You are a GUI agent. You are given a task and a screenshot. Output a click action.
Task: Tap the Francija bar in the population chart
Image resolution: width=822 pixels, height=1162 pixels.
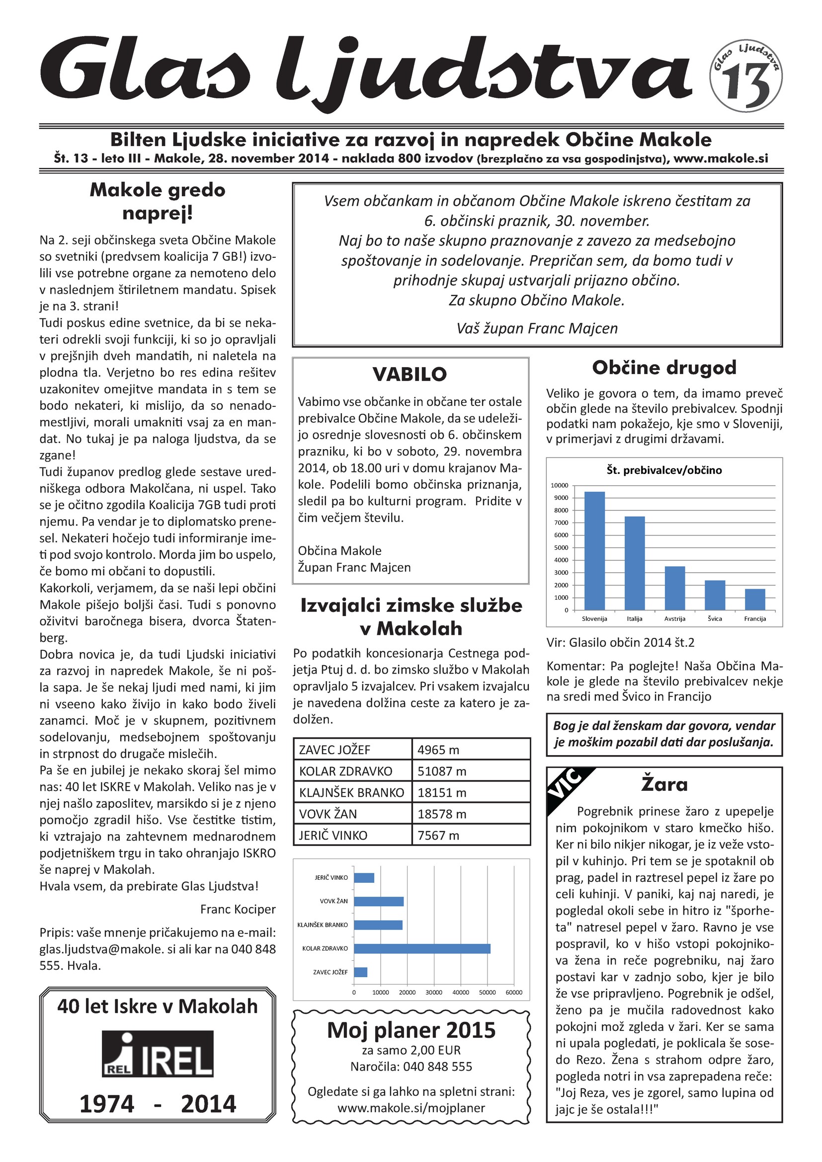coord(755,599)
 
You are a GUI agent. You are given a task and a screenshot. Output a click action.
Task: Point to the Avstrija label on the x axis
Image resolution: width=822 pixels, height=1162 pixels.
coord(675,619)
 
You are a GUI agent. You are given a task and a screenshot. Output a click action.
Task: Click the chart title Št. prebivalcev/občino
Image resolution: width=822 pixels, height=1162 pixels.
coord(664,470)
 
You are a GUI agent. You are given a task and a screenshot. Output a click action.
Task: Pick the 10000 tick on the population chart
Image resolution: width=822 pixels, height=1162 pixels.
coord(559,485)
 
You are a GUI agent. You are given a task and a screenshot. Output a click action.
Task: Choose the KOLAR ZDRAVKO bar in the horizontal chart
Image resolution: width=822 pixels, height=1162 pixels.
coord(421,948)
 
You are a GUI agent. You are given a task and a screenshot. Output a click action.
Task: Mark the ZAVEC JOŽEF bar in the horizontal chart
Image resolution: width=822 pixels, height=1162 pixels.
coord(360,972)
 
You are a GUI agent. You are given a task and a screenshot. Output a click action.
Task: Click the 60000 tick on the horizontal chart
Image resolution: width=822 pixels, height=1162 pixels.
coord(514,993)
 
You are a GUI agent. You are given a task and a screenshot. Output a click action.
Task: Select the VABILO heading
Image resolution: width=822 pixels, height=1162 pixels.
coord(410,375)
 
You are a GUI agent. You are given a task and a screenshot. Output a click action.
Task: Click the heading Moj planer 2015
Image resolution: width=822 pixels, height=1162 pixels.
coord(411,1030)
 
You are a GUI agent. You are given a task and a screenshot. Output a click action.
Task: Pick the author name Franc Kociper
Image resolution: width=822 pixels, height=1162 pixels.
coord(238,909)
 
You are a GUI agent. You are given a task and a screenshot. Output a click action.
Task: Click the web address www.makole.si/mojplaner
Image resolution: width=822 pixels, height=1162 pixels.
coord(411,1108)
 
